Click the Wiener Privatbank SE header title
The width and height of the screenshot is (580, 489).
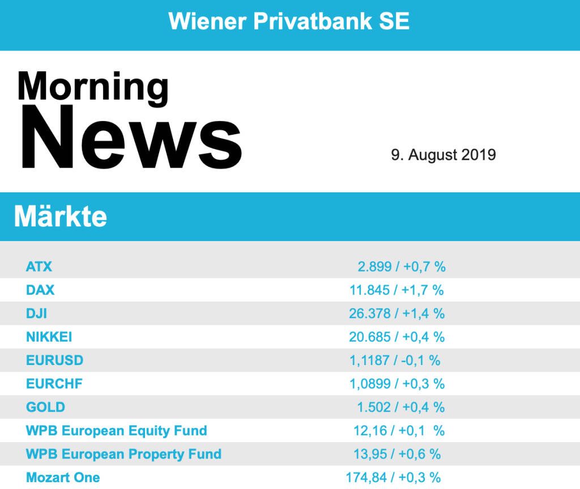(x=289, y=22)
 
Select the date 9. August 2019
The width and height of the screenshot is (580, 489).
(x=443, y=155)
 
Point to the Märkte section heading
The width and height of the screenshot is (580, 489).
(x=60, y=216)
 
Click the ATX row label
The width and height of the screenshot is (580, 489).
(x=39, y=266)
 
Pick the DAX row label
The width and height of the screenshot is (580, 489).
(x=40, y=290)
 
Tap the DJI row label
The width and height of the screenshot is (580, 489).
(x=37, y=314)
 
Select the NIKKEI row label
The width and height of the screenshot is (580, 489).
(x=49, y=337)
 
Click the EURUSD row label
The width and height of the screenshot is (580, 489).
(x=54, y=361)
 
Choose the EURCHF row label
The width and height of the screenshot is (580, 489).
(x=54, y=384)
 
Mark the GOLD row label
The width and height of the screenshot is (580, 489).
(x=45, y=407)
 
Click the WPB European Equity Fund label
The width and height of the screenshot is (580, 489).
(x=116, y=431)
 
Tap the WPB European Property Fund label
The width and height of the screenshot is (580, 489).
(x=123, y=454)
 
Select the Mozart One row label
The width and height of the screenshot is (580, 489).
(x=63, y=477)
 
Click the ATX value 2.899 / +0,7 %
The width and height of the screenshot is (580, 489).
(x=401, y=267)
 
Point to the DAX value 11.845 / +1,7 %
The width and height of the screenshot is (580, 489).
(x=396, y=290)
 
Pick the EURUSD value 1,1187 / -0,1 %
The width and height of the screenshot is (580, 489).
(x=395, y=361)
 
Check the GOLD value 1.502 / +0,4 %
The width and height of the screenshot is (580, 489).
(x=400, y=407)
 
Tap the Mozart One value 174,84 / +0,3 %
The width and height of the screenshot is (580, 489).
(x=393, y=478)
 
